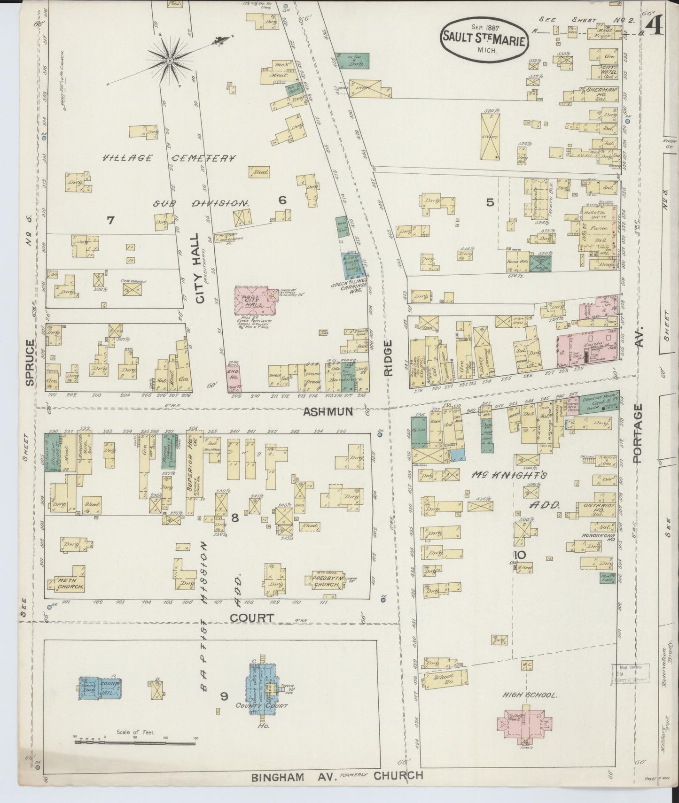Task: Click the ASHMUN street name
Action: coord(328,412)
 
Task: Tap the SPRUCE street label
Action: coord(31,363)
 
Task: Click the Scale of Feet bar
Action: coord(135,743)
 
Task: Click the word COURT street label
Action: coord(252,618)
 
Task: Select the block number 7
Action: coord(110,220)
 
